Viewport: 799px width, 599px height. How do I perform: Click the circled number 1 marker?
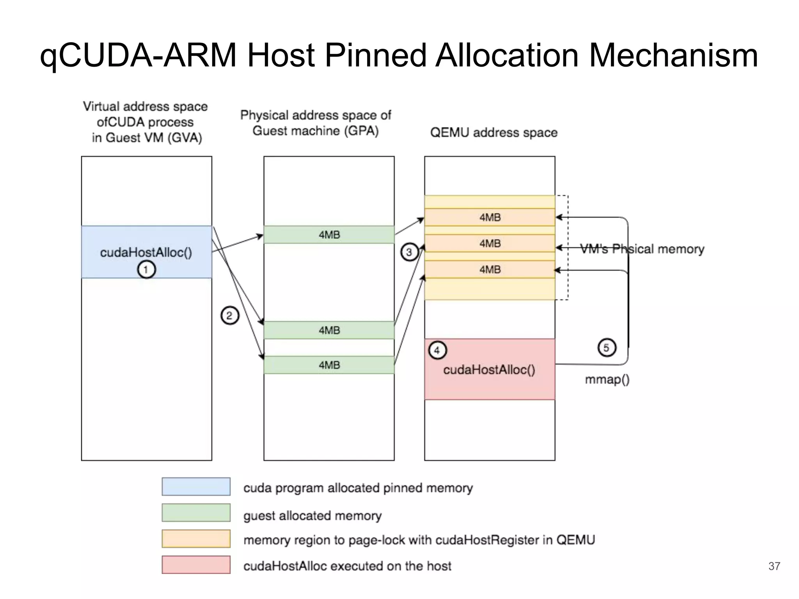click(146, 269)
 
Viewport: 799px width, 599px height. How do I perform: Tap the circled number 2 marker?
click(229, 315)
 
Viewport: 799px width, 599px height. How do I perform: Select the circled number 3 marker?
click(409, 252)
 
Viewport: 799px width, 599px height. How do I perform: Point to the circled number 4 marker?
click(437, 350)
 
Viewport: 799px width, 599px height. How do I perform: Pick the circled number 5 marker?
click(607, 347)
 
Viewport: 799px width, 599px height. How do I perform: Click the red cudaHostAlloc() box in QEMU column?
click(490, 374)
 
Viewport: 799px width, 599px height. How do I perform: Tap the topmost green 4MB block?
click(329, 235)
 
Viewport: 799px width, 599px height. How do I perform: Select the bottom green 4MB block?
click(329, 365)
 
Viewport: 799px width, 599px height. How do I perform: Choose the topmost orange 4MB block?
click(490, 217)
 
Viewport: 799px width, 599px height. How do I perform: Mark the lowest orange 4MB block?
click(490, 269)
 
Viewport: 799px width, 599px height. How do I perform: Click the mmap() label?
click(607, 379)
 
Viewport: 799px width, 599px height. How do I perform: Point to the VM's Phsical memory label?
click(642, 249)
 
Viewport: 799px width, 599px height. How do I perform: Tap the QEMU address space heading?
click(494, 133)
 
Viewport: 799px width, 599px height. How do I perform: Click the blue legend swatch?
click(196, 487)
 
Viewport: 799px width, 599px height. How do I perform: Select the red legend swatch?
click(196, 565)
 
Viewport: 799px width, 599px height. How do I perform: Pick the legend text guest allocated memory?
click(312, 516)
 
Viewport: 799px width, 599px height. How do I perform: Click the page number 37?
click(774, 566)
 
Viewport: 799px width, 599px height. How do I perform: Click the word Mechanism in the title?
click(673, 55)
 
